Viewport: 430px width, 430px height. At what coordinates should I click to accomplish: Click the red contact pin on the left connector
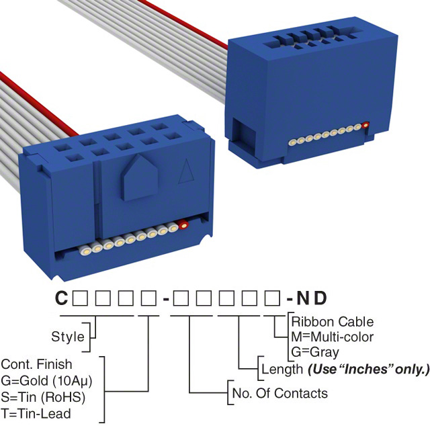(183, 226)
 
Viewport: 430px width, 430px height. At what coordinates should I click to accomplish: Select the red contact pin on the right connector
(365, 125)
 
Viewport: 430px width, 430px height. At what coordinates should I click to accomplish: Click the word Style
(68, 337)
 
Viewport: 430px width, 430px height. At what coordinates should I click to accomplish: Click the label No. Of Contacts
(279, 393)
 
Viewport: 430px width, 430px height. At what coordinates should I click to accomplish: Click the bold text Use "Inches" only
(368, 369)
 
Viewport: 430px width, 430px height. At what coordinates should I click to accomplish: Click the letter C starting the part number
(60, 298)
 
